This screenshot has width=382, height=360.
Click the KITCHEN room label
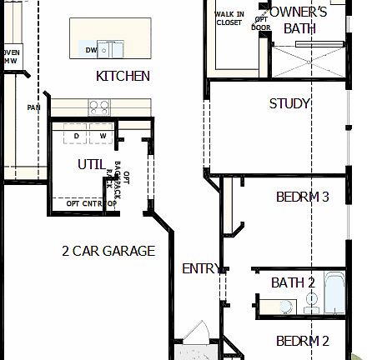(123, 76)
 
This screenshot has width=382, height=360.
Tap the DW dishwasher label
(92, 50)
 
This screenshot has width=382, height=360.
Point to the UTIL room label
(91, 164)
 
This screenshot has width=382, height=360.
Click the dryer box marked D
(76, 136)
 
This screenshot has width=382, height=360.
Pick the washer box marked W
(103, 136)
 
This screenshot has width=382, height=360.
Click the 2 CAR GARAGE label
(108, 250)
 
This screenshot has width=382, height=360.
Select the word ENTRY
(201, 268)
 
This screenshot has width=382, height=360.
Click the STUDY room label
(289, 103)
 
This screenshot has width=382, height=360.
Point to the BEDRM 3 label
(303, 197)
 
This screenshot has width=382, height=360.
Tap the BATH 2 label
(291, 282)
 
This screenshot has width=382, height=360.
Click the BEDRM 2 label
(303, 340)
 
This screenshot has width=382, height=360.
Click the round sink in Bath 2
(310, 298)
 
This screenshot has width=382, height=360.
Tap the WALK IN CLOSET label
(229, 18)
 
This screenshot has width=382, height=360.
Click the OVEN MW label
(10, 56)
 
